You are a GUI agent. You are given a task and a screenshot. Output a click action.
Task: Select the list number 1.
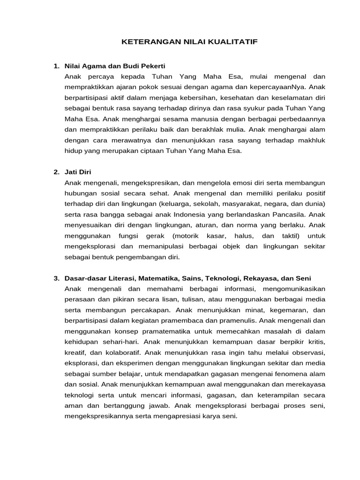(x=56, y=66)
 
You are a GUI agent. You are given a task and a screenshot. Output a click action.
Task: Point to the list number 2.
(x=56, y=172)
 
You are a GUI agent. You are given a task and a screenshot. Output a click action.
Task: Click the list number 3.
(x=56, y=278)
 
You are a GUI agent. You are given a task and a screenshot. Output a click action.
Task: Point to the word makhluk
(x=309, y=140)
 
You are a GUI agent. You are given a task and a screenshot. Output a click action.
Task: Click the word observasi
(x=309, y=352)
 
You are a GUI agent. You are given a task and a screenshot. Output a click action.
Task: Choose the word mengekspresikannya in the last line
(x=97, y=416)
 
